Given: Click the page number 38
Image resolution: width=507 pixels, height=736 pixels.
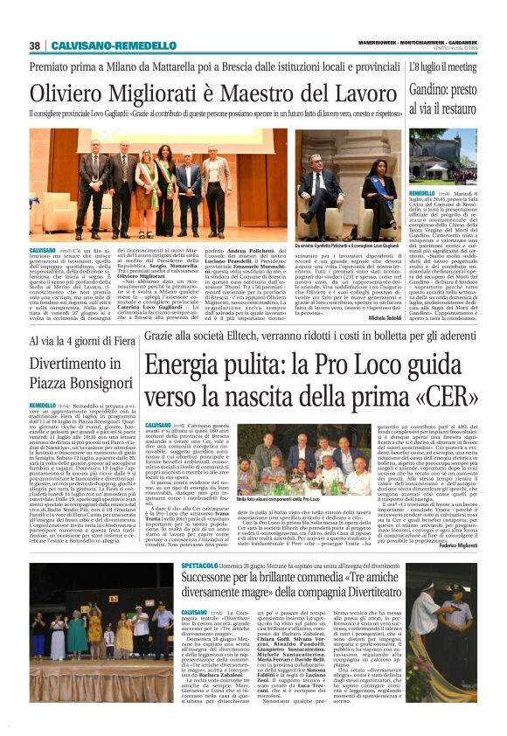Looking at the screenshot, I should tap(34, 45).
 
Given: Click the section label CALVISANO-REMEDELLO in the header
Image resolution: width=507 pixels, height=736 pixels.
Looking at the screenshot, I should tap(101, 45).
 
